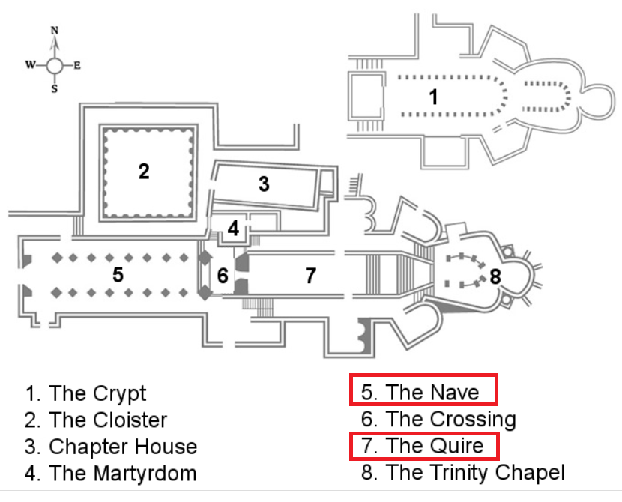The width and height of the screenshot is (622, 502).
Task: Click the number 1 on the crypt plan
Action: pos(432,97)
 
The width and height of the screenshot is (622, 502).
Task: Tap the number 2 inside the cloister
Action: pos(143,171)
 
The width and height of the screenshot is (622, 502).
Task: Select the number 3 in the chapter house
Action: pos(264,184)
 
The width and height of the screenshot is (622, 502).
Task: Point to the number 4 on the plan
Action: pos(233,229)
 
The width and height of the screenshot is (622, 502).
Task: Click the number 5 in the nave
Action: pos(118,275)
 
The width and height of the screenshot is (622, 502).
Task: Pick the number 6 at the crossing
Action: pos(223,276)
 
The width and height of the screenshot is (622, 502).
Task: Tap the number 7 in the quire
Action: pos(310,276)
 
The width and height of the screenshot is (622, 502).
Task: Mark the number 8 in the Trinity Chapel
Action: pos(495,276)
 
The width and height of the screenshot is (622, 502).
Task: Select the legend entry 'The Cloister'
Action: pos(97,420)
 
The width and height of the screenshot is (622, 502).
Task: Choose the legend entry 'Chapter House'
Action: pos(111,447)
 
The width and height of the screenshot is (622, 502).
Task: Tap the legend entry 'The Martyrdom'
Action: pos(111,474)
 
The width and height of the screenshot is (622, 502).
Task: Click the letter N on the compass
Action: pos(54,31)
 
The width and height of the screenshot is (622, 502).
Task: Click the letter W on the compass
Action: pos(31,65)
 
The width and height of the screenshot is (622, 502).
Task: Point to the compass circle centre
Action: pos(55,65)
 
